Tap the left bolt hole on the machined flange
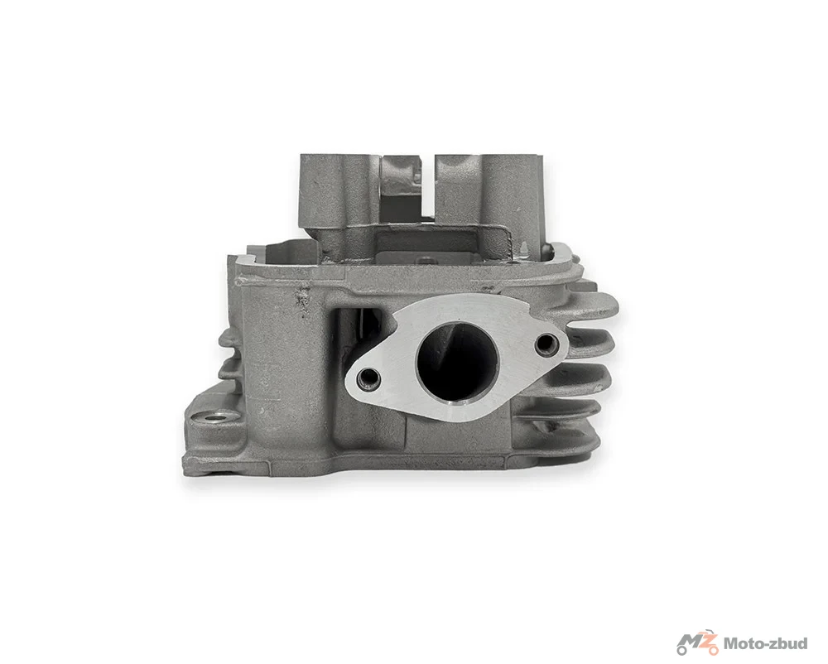coord(368,378)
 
